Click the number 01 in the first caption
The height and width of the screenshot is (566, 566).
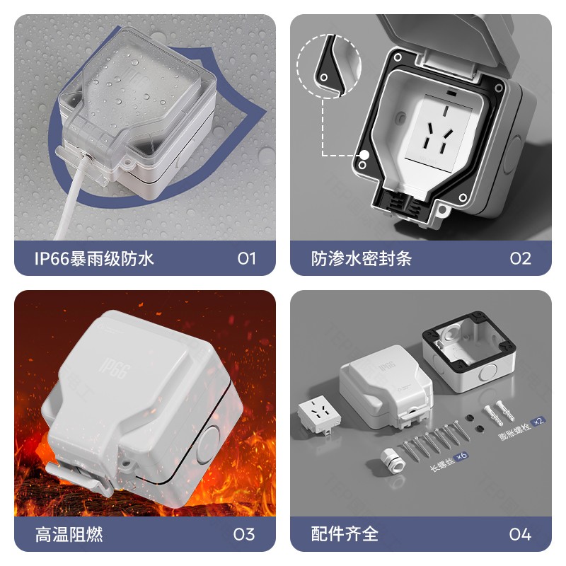pyautogui.click(x=246, y=258)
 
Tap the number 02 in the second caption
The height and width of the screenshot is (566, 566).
pyautogui.click(x=520, y=258)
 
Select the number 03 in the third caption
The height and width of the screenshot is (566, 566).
pyautogui.click(x=244, y=533)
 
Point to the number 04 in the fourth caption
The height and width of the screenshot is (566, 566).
pyautogui.click(x=520, y=533)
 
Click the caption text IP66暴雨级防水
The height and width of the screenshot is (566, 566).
pyautogui.click(x=94, y=258)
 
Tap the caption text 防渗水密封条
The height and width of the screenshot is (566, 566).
pyautogui.click(x=362, y=258)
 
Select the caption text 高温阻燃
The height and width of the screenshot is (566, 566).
pyautogui.click(x=69, y=533)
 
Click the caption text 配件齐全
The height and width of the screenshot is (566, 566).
pyautogui.click(x=345, y=533)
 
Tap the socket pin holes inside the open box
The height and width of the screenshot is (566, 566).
pyautogui.click(x=434, y=131)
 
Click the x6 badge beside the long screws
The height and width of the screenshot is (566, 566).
pyautogui.click(x=463, y=455)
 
